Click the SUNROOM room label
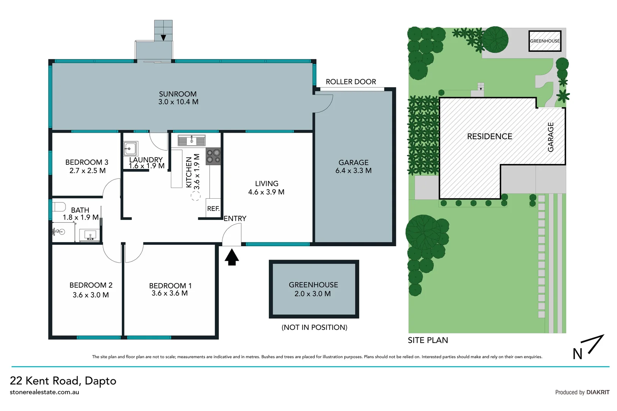click(x=178, y=94)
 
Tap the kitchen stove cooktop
click(x=213, y=156)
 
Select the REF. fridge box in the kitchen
click(x=213, y=209)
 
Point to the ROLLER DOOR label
click(x=351, y=82)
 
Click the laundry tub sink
click(x=130, y=148)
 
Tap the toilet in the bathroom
click(x=59, y=207)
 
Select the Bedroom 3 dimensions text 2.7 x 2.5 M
click(x=87, y=171)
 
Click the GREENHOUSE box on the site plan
click(x=545, y=41)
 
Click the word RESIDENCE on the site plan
click(x=489, y=136)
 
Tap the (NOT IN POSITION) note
click(x=314, y=327)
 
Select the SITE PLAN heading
click(x=428, y=340)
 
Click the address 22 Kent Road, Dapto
click(x=63, y=381)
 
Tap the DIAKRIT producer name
click(x=598, y=392)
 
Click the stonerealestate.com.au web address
click(x=45, y=392)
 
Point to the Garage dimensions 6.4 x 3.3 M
click(x=353, y=171)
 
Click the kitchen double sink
click(x=191, y=141)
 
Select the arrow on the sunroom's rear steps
click(x=163, y=37)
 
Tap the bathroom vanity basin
click(x=90, y=235)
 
